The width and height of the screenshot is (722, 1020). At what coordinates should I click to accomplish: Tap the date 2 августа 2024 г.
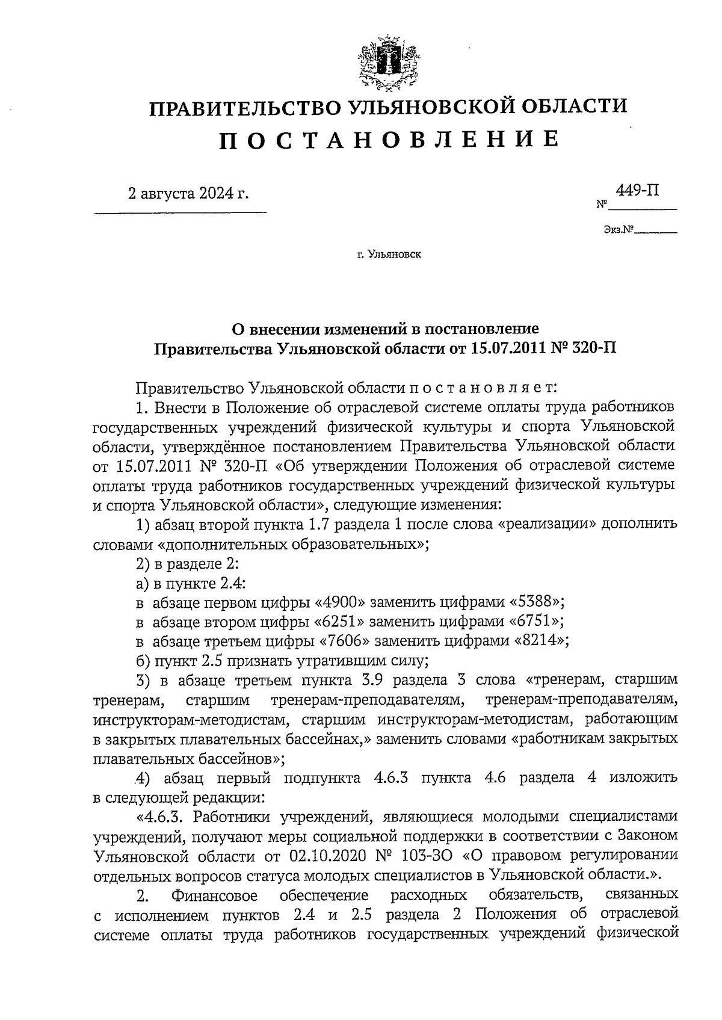pos(188,194)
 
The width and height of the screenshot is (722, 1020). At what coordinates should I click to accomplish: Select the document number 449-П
pos(637,191)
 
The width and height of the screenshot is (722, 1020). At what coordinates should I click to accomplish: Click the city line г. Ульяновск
pos(389,255)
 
